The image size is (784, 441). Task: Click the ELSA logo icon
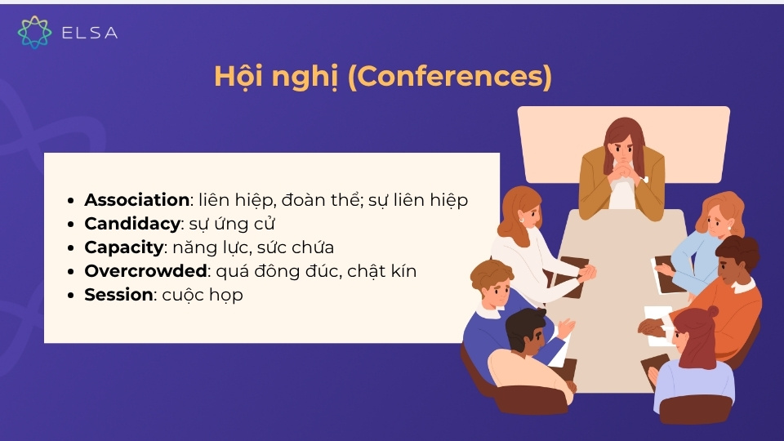34,32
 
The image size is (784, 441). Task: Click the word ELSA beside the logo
90,33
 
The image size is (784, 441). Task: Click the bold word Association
137,200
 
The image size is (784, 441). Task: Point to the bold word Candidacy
131,224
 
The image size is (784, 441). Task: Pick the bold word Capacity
124,247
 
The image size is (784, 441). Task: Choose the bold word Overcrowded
145,271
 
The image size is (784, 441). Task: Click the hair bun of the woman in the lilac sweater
711,311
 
